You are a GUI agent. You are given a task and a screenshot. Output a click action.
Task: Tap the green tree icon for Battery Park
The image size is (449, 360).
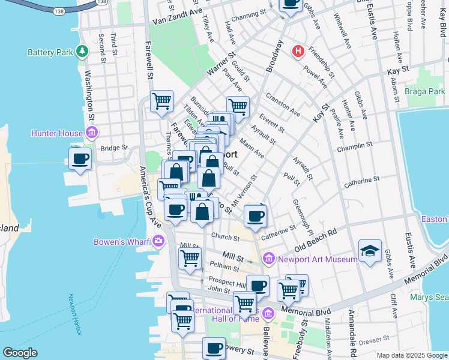82,52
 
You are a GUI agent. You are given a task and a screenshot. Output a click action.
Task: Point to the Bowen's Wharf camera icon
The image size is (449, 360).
158,242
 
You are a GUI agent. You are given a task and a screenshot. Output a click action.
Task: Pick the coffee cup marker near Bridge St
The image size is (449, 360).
80,159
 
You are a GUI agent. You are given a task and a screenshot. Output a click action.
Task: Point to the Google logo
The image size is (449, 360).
20,353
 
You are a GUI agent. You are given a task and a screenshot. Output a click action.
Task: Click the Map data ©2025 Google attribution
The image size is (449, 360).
411,355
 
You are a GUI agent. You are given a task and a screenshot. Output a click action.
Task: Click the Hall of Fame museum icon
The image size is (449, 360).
268,312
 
